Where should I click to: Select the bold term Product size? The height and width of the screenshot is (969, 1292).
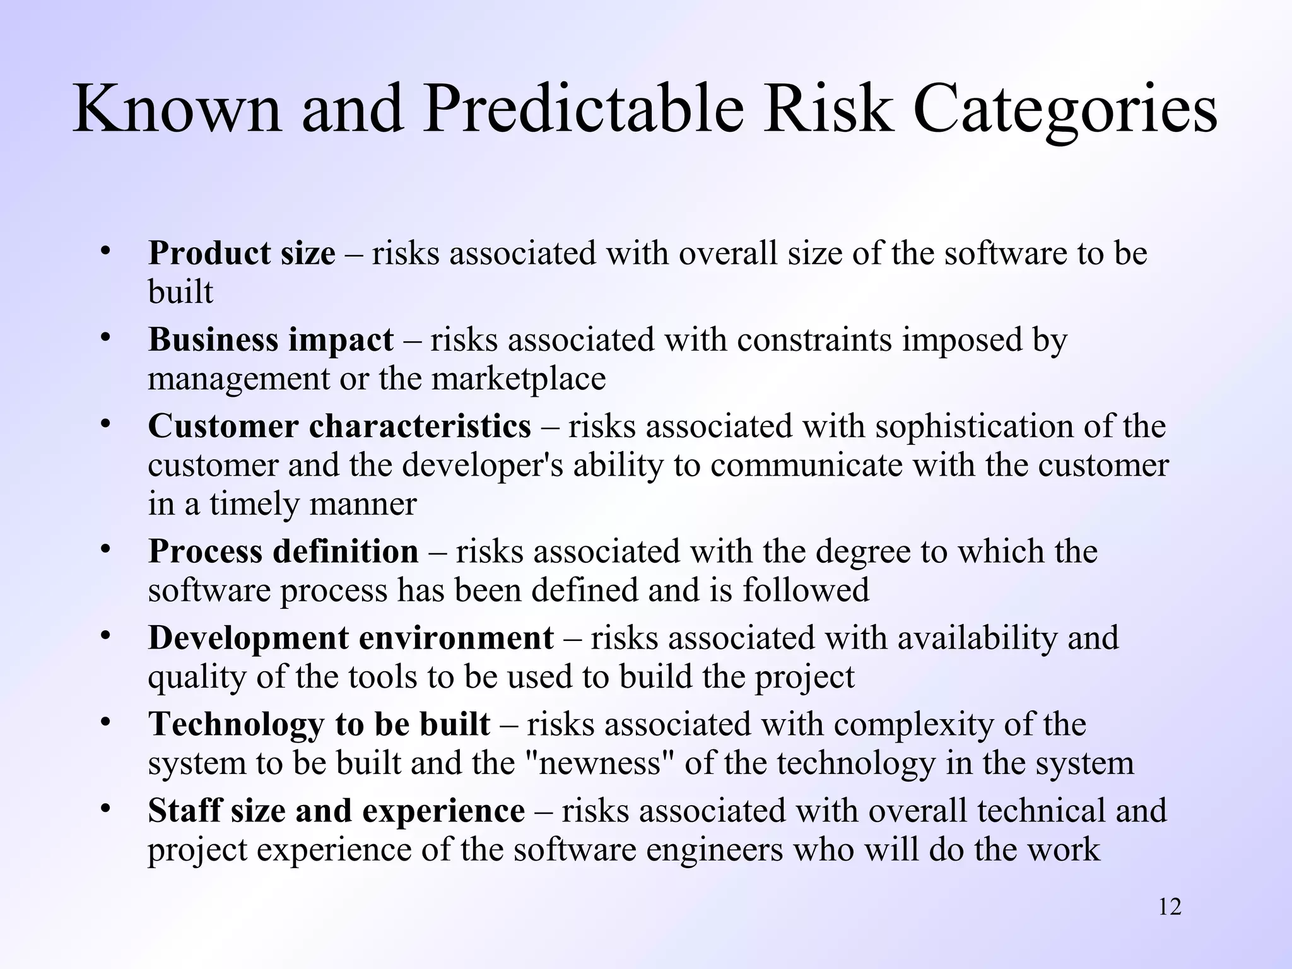[242, 254]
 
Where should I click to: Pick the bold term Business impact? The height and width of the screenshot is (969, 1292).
[271, 341]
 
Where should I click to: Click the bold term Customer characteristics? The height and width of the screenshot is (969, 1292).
[339, 426]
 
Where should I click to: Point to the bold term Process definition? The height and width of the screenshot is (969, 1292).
[283, 551]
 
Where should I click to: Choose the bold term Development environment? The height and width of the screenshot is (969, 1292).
[351, 638]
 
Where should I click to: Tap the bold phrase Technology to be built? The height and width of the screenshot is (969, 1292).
[319, 724]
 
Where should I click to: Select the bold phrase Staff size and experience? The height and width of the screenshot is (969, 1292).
[336, 811]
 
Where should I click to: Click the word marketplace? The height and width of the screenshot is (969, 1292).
[519, 379]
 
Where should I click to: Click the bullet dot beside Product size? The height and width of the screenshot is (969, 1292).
[105, 250]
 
